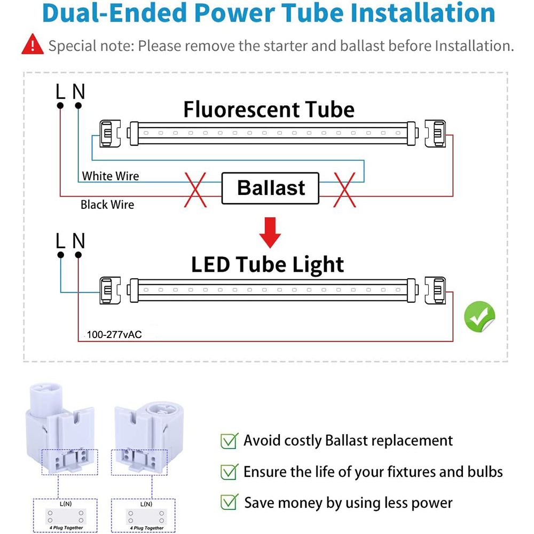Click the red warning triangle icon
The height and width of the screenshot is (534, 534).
pyautogui.click(x=33, y=45)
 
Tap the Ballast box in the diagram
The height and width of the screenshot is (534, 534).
pyautogui.click(x=270, y=188)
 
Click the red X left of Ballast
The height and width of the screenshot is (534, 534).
pyautogui.click(x=195, y=190)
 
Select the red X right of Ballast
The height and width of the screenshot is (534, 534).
pyautogui.click(x=344, y=190)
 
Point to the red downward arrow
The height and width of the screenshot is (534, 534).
pyautogui.click(x=270, y=233)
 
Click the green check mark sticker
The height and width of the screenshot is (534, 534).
pyautogui.click(x=480, y=317)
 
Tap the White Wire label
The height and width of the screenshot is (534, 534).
pyautogui.click(x=111, y=176)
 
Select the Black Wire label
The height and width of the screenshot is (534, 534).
pyautogui.click(x=107, y=205)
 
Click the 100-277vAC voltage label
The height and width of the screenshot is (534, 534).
pyautogui.click(x=114, y=334)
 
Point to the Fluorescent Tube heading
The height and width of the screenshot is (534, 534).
pyautogui.click(x=269, y=109)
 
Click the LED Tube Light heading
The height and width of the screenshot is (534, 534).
pyautogui.click(x=268, y=265)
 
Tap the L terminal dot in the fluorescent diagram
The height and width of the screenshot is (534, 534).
pyautogui.click(x=60, y=106)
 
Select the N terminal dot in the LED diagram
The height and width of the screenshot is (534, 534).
pyautogui.click(x=78, y=255)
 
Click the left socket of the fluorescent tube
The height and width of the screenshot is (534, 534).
pyautogui.click(x=109, y=133)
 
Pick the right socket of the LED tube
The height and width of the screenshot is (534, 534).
pyautogui.click(x=436, y=290)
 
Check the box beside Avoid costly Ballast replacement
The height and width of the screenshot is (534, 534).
pyautogui.click(x=229, y=441)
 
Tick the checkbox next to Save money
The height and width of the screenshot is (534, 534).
pyautogui.click(x=229, y=502)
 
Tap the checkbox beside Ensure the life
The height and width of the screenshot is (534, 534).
pyautogui.click(x=229, y=472)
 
